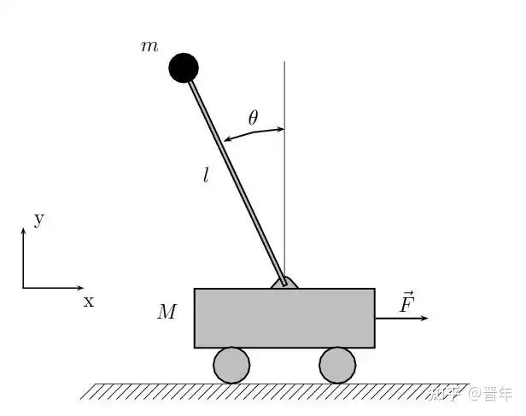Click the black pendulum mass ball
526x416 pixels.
(184, 67)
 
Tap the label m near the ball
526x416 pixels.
(149, 45)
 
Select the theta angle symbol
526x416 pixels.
(253, 118)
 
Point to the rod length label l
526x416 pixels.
(206, 176)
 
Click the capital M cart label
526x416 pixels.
(167, 312)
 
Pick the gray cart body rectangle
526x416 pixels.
(284, 318)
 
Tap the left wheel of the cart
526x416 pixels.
(231, 365)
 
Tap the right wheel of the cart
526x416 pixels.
(337, 365)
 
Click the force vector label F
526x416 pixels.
(406, 302)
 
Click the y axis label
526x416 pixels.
(38, 219)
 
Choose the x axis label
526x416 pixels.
(88, 301)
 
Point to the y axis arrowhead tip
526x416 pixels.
(23, 229)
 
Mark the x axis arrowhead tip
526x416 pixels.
(83, 287)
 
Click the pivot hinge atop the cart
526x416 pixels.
(284, 283)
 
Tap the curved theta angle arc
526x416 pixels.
(254, 133)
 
